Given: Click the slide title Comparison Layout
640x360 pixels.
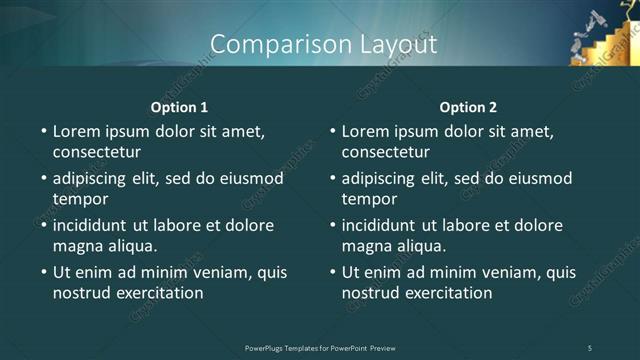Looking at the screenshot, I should [324, 44].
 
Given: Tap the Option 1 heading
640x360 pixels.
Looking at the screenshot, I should [179, 107].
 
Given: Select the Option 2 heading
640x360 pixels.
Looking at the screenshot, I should [468, 107].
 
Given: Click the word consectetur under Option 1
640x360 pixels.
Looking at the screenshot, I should [96, 153].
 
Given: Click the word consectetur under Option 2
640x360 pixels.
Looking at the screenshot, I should [385, 153].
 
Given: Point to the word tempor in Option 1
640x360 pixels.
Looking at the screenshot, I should [81, 199].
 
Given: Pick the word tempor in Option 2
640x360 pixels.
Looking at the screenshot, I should [370, 199].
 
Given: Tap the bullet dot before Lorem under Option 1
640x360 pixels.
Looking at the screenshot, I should [44, 132].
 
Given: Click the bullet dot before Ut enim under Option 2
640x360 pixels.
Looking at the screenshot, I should [333, 272].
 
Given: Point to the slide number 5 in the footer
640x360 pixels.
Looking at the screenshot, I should [590, 347].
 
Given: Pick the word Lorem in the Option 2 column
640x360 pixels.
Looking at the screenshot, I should [366, 131].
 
